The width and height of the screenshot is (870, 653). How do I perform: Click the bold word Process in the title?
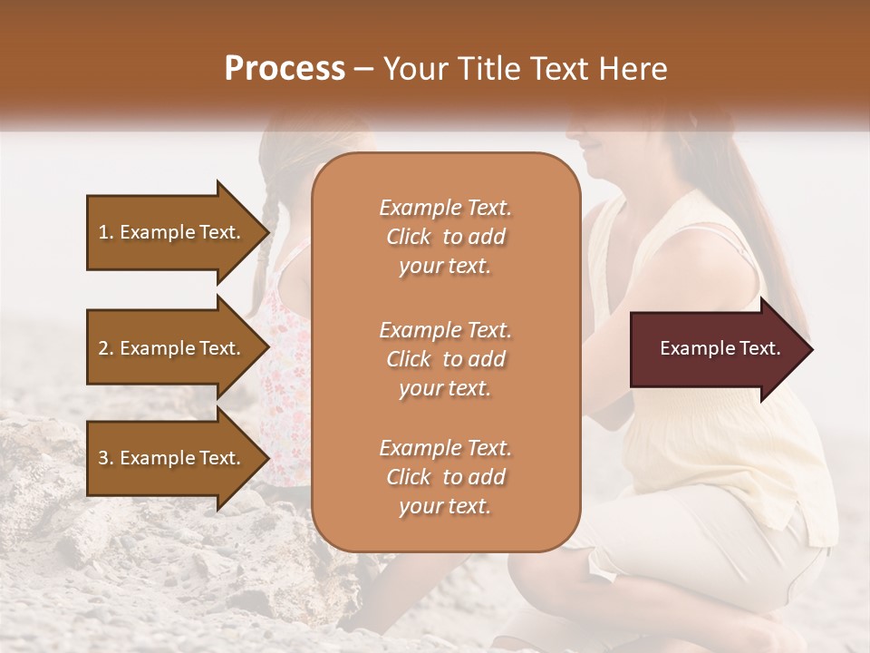[285, 69]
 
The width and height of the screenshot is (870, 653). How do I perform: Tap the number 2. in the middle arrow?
[105, 348]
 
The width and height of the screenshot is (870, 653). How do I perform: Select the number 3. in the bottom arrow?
[105, 458]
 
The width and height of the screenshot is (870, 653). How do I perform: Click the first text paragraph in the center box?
[445, 237]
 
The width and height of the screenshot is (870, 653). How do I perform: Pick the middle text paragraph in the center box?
[445, 359]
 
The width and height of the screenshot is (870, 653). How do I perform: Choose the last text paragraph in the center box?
[445, 477]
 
